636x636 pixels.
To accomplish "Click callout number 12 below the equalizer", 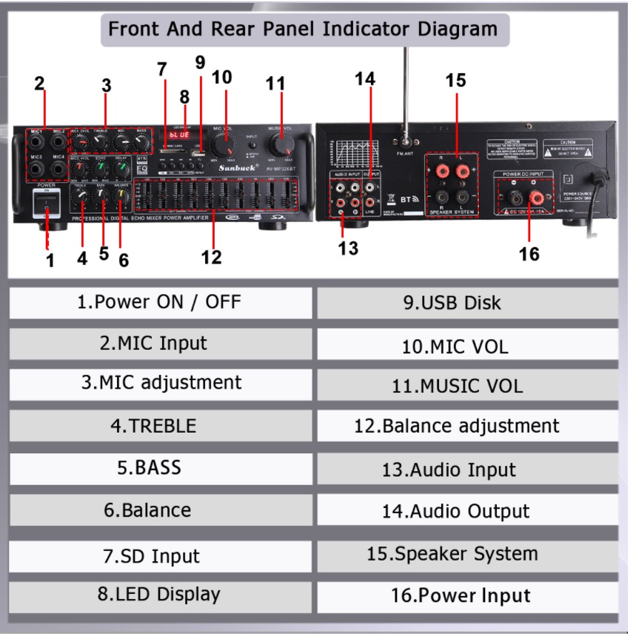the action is tap(211, 257).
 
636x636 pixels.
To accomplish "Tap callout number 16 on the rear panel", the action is tap(529, 254).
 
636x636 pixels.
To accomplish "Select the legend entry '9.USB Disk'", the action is tap(466, 302).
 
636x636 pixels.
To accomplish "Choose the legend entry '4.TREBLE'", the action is tap(160, 426).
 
